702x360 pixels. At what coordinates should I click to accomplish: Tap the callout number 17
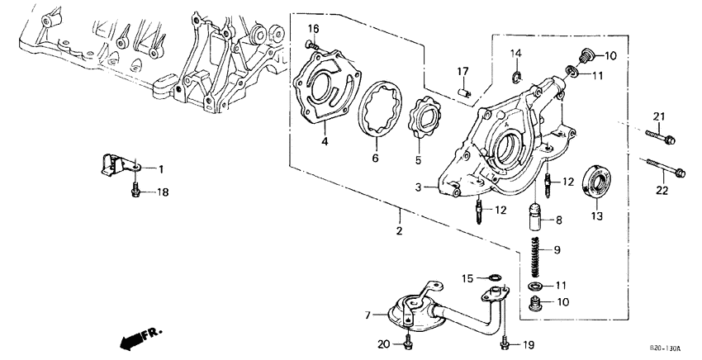pos(463,71)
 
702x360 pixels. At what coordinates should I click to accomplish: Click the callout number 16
pos(313,28)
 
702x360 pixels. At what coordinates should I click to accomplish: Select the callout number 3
pos(419,188)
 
